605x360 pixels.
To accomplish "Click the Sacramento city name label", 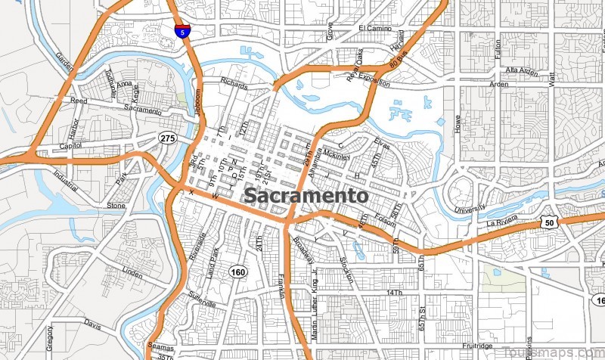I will click(306, 196).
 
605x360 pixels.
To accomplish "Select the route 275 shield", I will click(167, 137).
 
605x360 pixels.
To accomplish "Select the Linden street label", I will click(132, 271).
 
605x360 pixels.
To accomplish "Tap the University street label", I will click(468, 208).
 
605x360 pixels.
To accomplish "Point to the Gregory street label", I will click(50, 340).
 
